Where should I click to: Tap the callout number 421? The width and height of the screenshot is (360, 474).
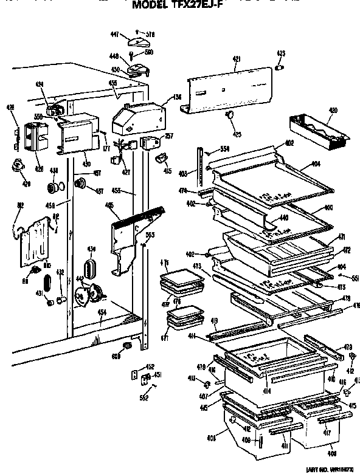click(237, 59)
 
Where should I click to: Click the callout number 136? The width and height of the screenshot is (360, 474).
click(177, 95)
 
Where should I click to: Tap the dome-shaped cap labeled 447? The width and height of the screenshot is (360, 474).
click(139, 42)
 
